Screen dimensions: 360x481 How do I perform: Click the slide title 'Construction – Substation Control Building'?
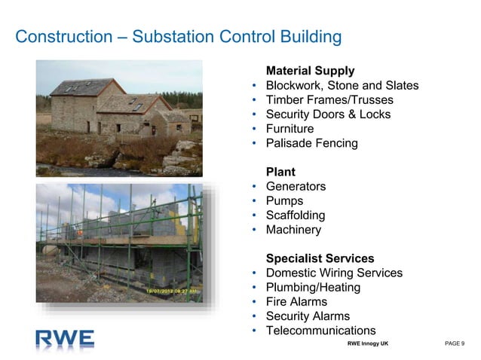click(178, 37)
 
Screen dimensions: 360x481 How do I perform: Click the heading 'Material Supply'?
click(310, 71)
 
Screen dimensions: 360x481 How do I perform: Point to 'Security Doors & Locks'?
click(327, 114)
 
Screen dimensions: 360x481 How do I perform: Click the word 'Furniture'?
click(290, 129)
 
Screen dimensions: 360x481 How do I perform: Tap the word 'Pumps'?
click(284, 201)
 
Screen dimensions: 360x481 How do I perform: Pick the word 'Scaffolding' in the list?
click(296, 215)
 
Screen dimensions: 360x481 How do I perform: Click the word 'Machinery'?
click(293, 230)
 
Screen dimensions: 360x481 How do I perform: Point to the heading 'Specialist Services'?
click(320, 258)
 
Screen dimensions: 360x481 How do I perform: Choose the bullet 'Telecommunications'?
click(320, 331)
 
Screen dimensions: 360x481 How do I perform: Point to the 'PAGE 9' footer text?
click(455, 343)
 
